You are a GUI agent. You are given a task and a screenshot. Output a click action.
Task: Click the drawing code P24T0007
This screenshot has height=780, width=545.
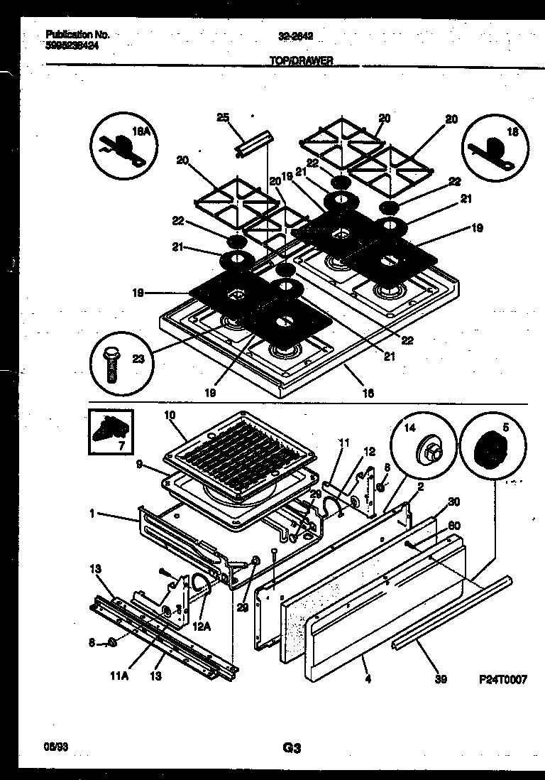pyautogui.click(x=502, y=679)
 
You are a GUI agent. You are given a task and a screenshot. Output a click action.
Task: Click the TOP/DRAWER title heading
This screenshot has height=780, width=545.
pyautogui.click(x=301, y=61)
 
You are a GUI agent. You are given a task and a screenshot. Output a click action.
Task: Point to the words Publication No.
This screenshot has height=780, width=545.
pyautogui.click(x=77, y=33)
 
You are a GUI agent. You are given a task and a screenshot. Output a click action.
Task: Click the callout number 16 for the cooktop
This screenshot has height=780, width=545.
pyautogui.click(x=368, y=392)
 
